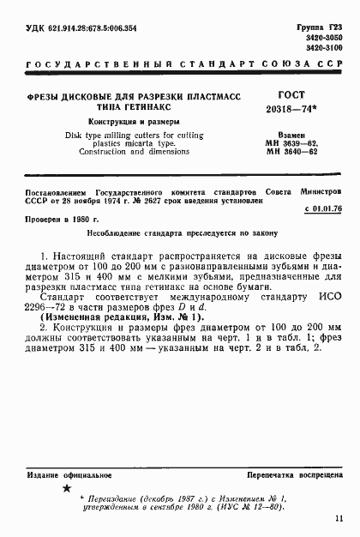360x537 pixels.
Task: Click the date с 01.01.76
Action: pos(323,207)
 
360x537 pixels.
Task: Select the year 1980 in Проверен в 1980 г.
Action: pos(86,220)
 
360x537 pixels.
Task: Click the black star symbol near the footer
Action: pos(66,489)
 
